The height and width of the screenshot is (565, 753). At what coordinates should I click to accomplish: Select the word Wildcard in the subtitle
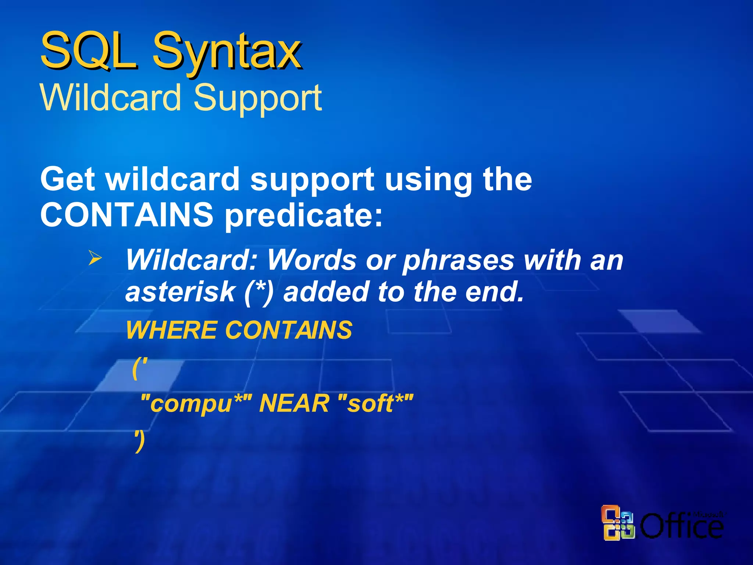coord(110,97)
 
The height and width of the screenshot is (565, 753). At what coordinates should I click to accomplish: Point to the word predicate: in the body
coord(304,215)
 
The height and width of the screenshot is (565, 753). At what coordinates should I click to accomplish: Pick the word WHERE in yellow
coord(171,330)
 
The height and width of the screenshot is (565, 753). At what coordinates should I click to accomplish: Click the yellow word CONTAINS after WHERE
coord(289,330)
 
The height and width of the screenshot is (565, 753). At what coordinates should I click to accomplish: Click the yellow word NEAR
coord(294,404)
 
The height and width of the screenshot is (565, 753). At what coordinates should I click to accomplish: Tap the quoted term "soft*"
coord(375,404)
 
